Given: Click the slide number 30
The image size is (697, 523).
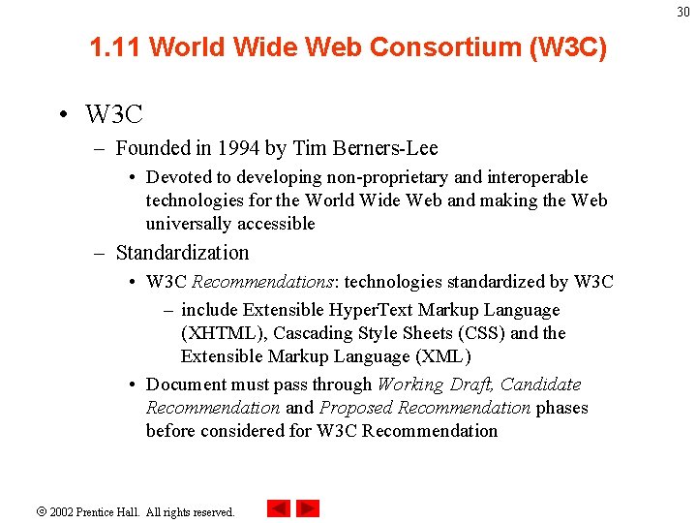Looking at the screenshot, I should tap(683, 13).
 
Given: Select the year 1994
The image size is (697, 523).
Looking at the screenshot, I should tap(239, 148).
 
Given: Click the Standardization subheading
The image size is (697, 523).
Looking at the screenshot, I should tap(182, 253).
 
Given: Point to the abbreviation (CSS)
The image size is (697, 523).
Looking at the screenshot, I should tap(483, 333).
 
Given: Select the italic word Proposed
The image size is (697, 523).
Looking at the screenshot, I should tap(356, 408).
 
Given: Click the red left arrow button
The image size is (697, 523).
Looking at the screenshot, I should tap(279, 508).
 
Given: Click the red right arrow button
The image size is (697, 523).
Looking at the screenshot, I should tap(308, 508).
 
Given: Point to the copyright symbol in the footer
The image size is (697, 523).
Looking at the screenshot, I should tap(42, 511).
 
